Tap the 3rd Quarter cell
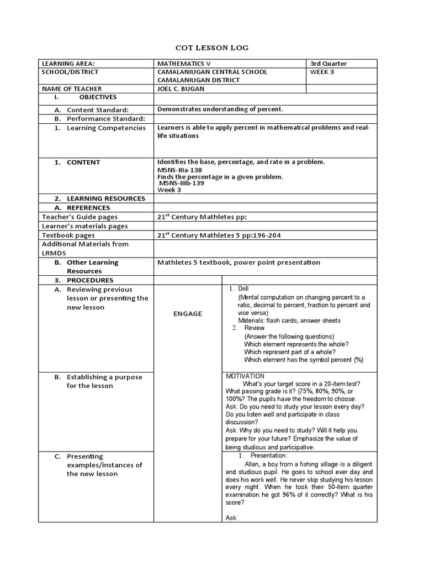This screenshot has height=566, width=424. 330,64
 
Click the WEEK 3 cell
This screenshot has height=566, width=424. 322,72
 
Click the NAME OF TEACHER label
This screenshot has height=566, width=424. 72,88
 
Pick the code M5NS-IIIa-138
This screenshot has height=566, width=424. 180,170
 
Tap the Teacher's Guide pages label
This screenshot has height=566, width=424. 80,217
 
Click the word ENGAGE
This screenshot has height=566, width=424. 188,314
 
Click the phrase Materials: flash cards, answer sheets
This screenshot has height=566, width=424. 289,321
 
